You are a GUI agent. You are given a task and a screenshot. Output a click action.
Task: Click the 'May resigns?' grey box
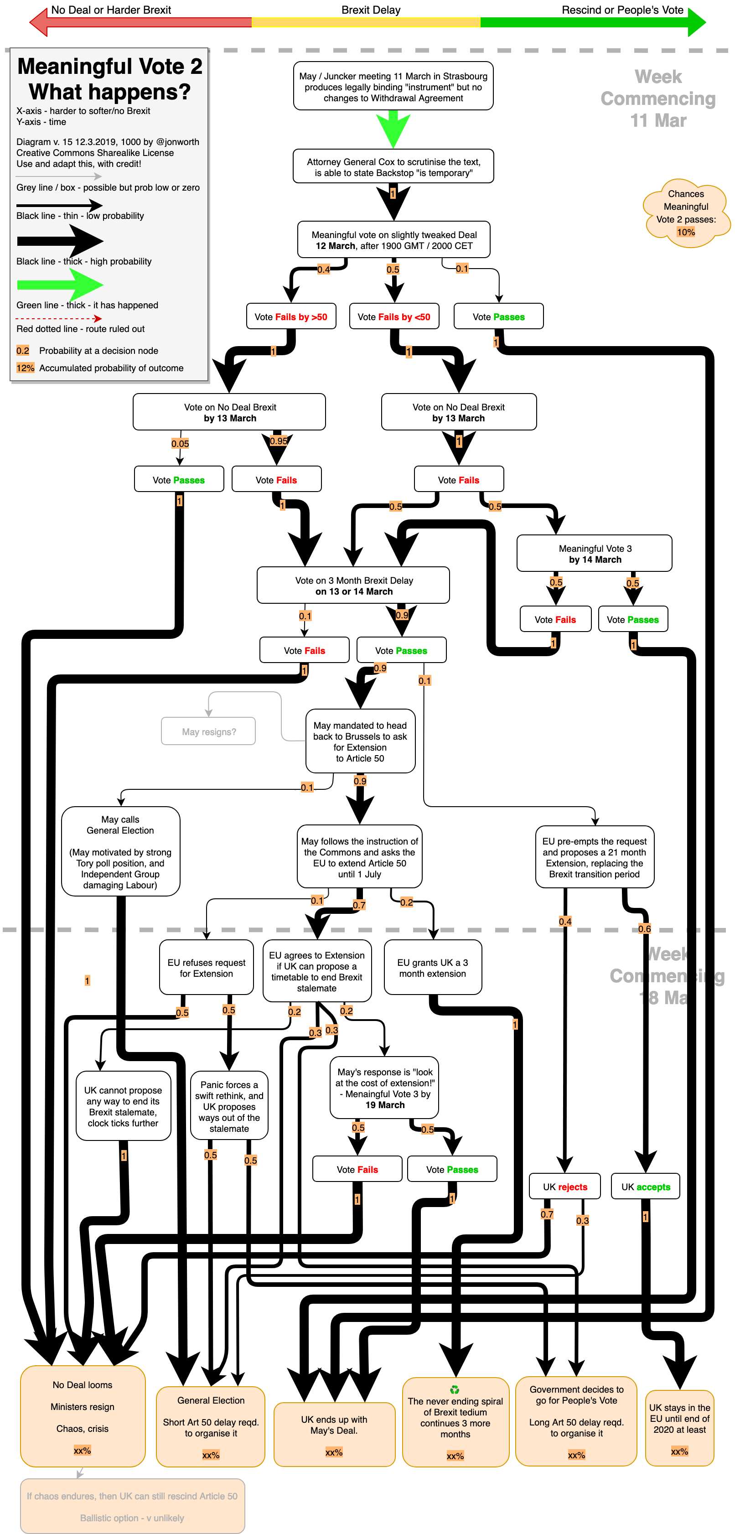(208, 731)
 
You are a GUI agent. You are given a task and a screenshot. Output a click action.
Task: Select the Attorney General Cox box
(393, 167)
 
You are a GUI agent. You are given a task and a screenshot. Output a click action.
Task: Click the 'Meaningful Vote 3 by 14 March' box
(595, 554)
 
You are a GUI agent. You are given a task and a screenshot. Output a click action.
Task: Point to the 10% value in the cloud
(686, 232)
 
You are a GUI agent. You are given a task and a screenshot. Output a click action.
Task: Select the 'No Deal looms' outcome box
(83, 1416)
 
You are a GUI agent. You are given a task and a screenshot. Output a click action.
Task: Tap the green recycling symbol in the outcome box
(455, 1390)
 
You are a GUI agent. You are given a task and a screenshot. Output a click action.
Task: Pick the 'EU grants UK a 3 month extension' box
(432, 968)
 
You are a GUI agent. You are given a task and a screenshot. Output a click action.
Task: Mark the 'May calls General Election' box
(120, 851)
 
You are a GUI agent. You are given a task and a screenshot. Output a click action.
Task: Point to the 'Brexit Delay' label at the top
(371, 10)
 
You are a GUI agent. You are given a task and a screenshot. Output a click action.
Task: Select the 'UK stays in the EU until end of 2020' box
(680, 1428)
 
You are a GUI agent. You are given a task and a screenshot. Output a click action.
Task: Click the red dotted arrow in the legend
(60, 319)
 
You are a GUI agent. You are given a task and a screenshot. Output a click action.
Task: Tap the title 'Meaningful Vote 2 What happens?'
(109, 78)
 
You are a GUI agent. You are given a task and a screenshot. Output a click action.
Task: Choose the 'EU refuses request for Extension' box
(206, 968)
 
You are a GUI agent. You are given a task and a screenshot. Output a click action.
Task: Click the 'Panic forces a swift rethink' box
(229, 1106)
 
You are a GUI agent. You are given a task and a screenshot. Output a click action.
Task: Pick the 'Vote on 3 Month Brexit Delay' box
(353, 586)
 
